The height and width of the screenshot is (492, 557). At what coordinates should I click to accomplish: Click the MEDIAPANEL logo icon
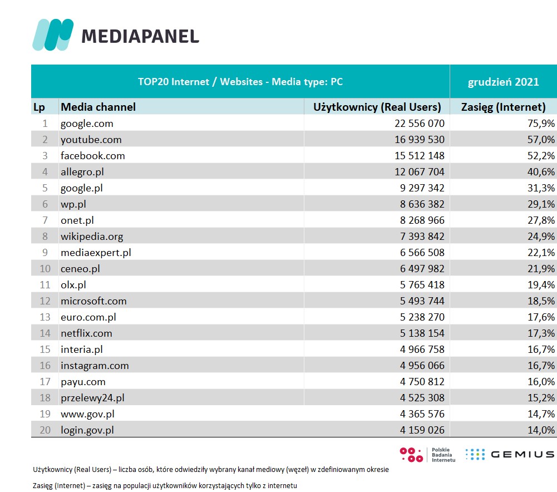(x=53, y=35)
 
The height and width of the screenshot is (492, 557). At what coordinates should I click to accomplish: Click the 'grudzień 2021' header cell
(x=503, y=82)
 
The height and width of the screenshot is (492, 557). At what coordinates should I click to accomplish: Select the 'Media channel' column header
(x=98, y=107)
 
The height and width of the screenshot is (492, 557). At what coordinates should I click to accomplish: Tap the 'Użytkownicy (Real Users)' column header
(x=377, y=107)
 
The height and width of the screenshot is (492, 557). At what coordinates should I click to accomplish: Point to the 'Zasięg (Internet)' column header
(x=504, y=107)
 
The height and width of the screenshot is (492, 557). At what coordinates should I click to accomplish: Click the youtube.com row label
(x=91, y=140)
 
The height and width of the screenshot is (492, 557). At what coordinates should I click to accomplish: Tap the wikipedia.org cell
(x=92, y=237)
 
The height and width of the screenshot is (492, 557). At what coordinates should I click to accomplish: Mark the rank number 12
(x=45, y=301)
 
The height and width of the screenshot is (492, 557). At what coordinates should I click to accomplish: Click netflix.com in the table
(x=86, y=333)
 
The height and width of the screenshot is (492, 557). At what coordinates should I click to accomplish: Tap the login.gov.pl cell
(x=88, y=430)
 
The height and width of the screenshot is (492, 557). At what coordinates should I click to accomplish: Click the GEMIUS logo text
(x=522, y=454)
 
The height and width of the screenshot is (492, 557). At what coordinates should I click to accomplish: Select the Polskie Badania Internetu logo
(x=427, y=455)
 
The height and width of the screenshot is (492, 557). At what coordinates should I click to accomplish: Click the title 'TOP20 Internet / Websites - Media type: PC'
(x=240, y=82)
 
